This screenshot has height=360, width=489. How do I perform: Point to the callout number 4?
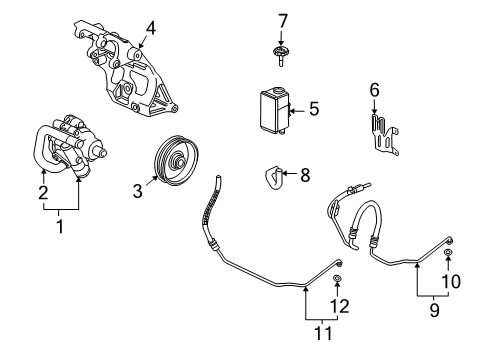pos(150,27)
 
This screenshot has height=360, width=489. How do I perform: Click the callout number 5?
pos(313,109)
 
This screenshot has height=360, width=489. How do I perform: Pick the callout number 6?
pos(375,90)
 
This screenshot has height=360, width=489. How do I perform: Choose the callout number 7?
pos(283,20)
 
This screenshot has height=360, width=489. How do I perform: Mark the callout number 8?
pos(304,175)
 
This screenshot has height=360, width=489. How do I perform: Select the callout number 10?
pos(452,282)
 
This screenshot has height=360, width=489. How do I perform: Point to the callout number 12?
pos(341,306)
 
